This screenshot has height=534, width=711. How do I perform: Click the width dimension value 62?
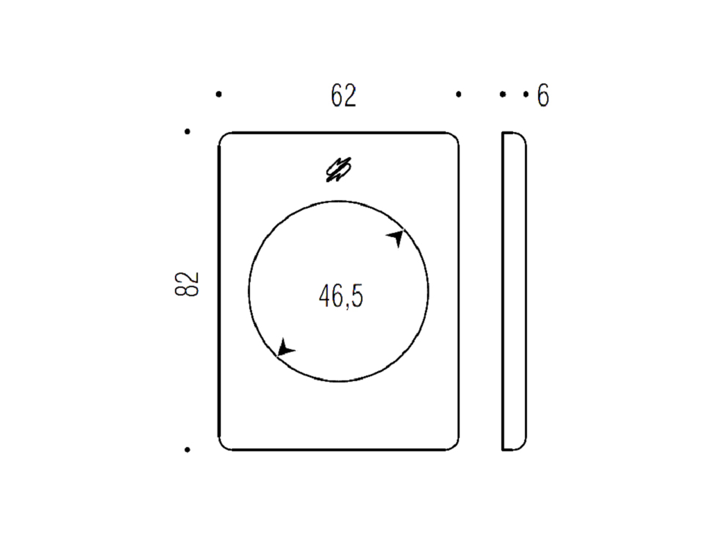coord(343,95)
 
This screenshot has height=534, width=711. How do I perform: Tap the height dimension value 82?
coord(187,284)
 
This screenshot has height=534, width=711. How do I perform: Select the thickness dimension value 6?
coord(543,95)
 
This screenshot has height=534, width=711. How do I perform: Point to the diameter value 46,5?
coord(341,296)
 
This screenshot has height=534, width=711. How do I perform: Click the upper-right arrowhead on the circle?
coord(396,237)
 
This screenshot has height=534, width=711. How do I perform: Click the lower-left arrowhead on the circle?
coord(285,348)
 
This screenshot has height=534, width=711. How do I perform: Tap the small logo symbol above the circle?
coord(339,170)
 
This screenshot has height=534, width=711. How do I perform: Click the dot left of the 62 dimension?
coord(219,95)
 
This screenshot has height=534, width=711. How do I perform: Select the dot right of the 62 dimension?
coord(459,95)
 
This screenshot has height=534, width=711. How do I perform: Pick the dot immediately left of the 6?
coord(526,95)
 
